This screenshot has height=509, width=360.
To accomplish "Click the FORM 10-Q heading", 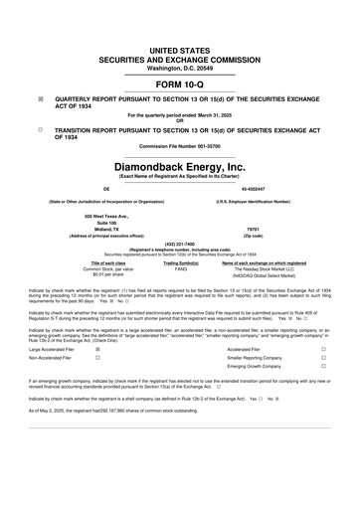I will (180, 84).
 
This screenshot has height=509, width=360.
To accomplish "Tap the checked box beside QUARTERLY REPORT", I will (40, 99).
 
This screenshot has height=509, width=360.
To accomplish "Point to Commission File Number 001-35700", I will (180, 149).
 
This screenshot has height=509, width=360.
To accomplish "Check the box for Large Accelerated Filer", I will (96, 350).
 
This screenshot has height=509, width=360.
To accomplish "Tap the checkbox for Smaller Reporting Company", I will (323, 359).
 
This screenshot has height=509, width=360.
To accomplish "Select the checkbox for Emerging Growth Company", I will (323, 369).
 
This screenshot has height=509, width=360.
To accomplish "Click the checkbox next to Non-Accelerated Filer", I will (96, 359).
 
